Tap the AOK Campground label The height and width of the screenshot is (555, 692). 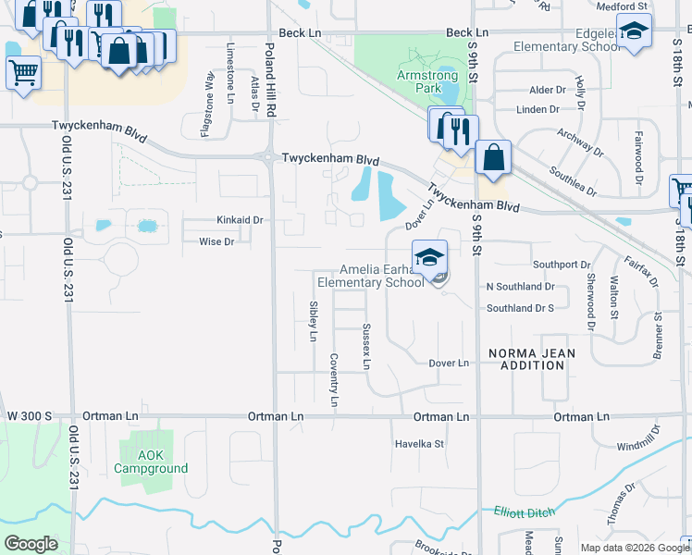click(x=150, y=462)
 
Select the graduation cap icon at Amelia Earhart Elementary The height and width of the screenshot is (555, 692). click(x=429, y=258)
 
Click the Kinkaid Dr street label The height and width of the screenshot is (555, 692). click(x=240, y=221)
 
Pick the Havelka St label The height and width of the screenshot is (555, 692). click(x=420, y=444)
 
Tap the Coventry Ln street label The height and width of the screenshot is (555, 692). click(x=334, y=380)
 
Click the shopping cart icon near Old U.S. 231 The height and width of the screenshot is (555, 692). click(x=23, y=72)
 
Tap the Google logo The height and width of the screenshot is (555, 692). click(x=31, y=544)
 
